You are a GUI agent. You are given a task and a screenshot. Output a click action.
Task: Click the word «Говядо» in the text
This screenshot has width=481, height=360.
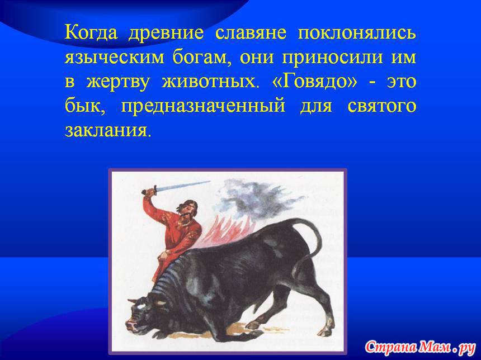315,82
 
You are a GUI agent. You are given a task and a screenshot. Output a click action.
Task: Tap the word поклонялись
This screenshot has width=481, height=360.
357,33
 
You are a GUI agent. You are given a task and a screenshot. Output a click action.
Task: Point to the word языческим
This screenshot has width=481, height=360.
115,58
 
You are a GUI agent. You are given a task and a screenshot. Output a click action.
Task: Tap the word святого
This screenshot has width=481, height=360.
382,106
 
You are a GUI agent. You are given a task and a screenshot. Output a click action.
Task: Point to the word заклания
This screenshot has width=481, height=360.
108,131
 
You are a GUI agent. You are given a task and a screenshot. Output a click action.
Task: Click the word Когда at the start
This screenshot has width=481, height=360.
91,33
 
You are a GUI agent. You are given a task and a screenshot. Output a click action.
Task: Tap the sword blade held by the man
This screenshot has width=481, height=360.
183,186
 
